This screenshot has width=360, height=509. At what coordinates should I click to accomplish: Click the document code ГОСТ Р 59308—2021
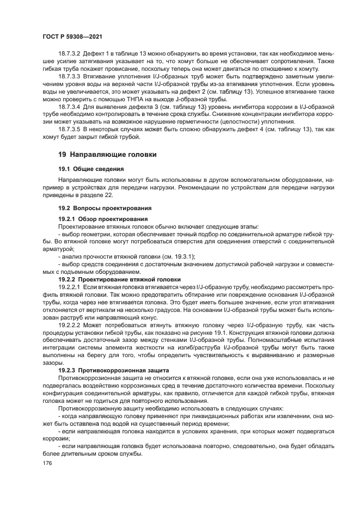pos(73,36)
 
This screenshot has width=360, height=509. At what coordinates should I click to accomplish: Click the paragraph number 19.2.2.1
pos(69,286)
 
